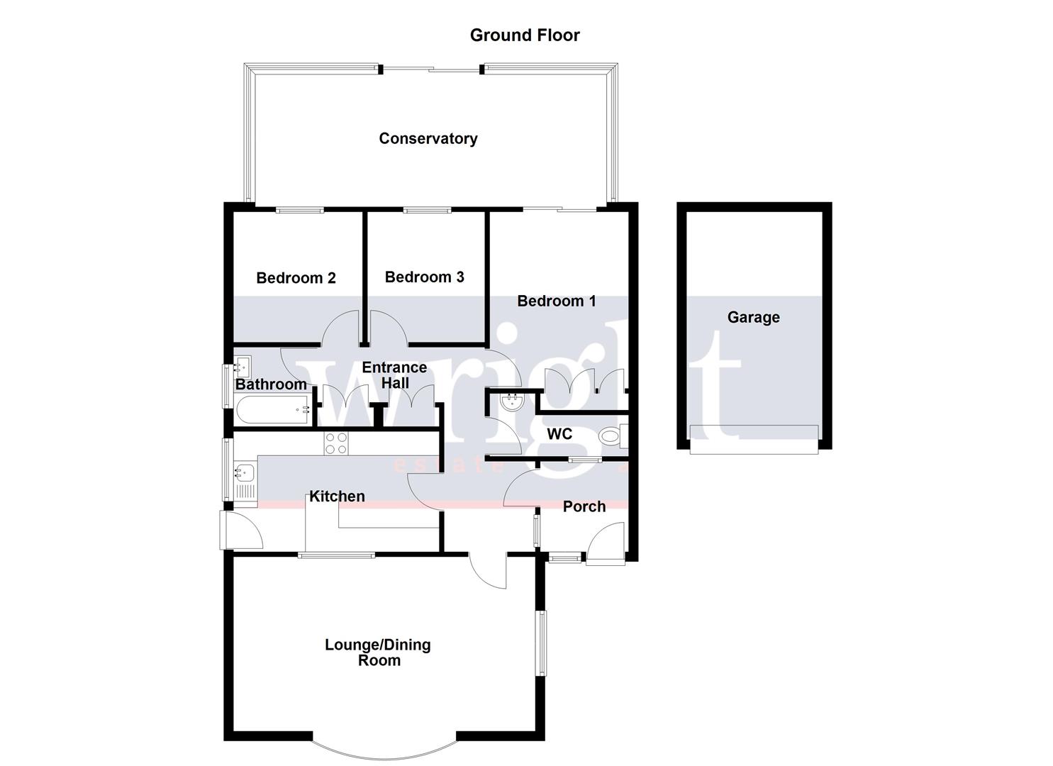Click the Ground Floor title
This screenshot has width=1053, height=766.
525,35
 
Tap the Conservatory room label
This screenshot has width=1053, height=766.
428,139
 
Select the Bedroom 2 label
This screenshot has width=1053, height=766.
296,278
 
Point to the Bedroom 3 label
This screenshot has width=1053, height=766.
424,277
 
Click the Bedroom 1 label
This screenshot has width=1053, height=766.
556,301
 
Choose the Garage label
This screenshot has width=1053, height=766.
753,318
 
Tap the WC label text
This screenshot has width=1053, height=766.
559,434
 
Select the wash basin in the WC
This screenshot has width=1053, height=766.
511,403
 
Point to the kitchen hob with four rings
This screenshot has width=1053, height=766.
336,443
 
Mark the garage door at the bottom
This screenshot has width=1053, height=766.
754,440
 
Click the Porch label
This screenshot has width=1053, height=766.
584,507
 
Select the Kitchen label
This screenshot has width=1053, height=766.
338,496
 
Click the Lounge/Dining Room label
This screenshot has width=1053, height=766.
379,653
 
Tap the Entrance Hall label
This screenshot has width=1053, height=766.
394,375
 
